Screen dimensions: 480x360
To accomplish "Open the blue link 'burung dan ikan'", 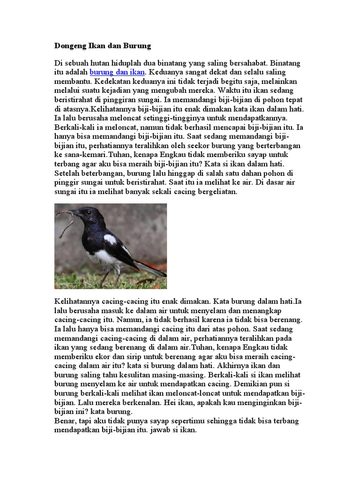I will point(117,72).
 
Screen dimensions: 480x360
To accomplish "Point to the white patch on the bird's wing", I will point(111,240).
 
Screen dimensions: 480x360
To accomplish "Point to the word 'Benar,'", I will point(66,420).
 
